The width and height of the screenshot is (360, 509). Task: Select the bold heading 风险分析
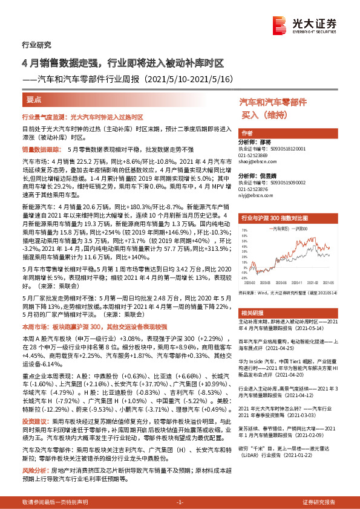pos(34,453)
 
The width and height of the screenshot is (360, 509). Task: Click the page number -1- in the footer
pos(180,502)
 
